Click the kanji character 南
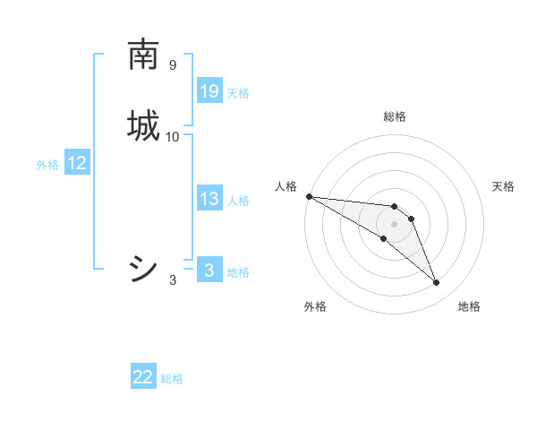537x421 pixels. [143, 55]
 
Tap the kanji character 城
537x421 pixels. [143, 125]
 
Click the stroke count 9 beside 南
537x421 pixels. [172, 65]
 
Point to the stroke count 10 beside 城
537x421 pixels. [173, 137]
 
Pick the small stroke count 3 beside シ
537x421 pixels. [173, 280]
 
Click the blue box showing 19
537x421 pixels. [209, 91]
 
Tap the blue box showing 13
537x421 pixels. [209, 199]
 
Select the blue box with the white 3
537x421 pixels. [209, 271]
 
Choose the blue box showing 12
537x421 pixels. [77, 163]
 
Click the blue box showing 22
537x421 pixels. [143, 377]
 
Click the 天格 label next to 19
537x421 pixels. [238, 93]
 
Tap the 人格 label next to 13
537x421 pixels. [239, 201]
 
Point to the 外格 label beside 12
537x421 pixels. [47, 165]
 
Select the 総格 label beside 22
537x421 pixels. [172, 379]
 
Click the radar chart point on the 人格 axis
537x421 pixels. [309, 196]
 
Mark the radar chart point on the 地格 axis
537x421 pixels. [436, 283]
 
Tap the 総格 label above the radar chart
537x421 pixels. [395, 116]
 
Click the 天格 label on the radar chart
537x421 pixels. [504, 186]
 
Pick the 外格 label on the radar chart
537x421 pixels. [315, 306]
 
